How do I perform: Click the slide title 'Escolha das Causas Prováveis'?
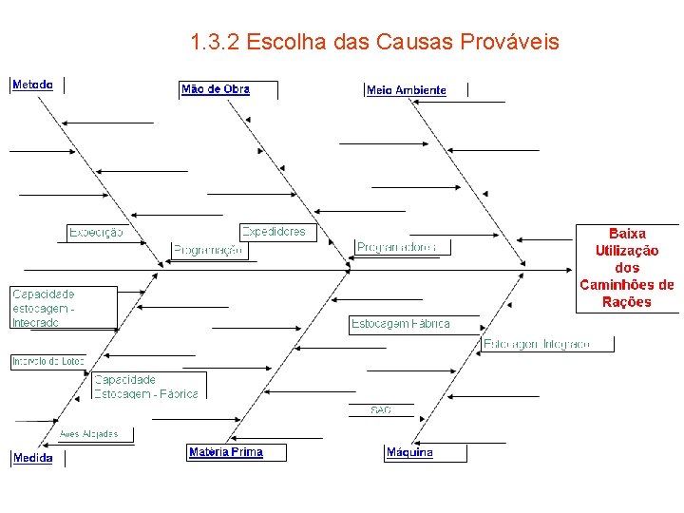tap(374, 43)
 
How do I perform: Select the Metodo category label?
tap(32, 85)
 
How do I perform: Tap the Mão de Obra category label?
tap(216, 89)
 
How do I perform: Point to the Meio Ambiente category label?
tap(406, 90)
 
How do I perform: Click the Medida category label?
tap(32, 458)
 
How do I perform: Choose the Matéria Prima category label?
tap(225, 452)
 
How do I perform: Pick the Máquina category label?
tap(409, 452)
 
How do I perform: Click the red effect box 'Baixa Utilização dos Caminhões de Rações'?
tap(627, 267)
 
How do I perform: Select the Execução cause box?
tap(96, 233)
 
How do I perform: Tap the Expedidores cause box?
tap(274, 232)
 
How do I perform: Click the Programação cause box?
tap(208, 250)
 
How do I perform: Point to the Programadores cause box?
tap(397, 247)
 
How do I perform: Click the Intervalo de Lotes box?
tap(47, 361)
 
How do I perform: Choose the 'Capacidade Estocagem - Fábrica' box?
tap(146, 386)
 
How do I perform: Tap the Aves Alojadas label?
tap(89, 434)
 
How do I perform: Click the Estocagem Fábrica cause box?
tap(400, 324)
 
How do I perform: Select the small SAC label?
tap(381, 409)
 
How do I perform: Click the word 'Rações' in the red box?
tap(627, 302)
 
